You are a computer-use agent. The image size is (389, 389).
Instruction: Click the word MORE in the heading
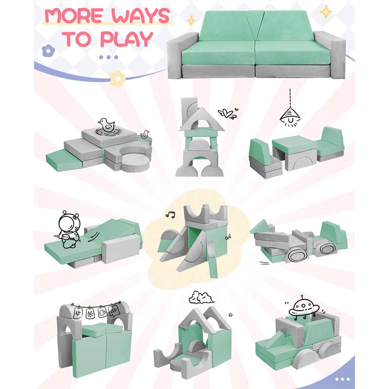[x=74, y=16]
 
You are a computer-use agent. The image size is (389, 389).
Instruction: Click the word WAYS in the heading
[x=141, y=16]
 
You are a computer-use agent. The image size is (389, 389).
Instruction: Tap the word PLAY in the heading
[x=126, y=39]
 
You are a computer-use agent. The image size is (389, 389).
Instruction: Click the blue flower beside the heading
[x=48, y=51]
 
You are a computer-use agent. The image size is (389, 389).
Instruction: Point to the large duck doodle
[x=106, y=126]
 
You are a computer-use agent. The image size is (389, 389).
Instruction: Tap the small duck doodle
[x=144, y=134]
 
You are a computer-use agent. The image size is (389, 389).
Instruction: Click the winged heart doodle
[x=228, y=113]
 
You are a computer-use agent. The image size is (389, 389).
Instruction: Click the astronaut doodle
[x=68, y=230]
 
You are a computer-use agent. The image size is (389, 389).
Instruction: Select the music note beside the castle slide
[x=170, y=214]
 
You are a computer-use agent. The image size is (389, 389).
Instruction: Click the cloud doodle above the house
[x=201, y=298]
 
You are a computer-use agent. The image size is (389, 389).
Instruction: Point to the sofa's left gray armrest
[x=179, y=56]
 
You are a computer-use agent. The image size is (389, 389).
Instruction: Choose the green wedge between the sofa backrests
[x=255, y=25]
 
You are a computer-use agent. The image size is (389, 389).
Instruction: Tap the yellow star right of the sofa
[x=325, y=12]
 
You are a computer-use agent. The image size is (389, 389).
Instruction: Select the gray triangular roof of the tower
[x=201, y=120]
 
